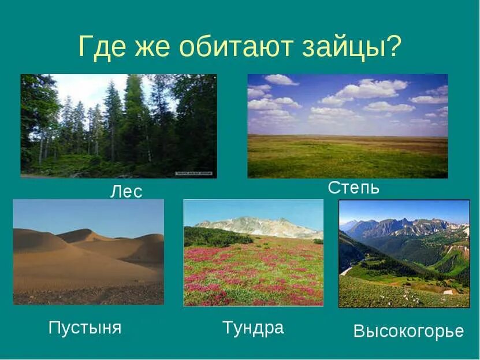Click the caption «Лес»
[x=126, y=191]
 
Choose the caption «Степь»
[x=354, y=187]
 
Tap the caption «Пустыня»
[x=85, y=328]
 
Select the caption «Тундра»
[x=253, y=328]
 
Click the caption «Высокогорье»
[x=408, y=331]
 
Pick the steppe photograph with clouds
[x=347, y=125]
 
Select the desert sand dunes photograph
[x=88, y=252]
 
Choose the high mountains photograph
[x=404, y=253]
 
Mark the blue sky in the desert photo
[x=87, y=214]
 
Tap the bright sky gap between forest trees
[x=87, y=90]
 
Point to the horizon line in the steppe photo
[x=347, y=136]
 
